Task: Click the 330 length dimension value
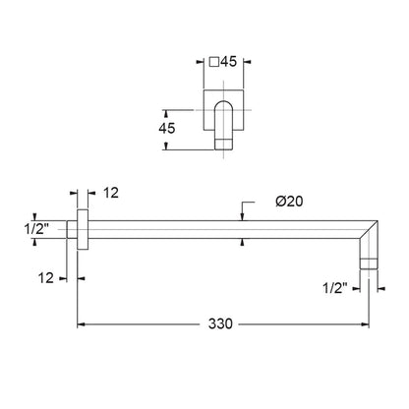pyautogui.click(x=220, y=323)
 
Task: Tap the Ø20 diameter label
pyautogui.click(x=289, y=202)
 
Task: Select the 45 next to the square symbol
pyautogui.click(x=228, y=61)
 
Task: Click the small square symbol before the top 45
pyautogui.click(x=214, y=62)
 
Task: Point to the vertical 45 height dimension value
pyautogui.click(x=167, y=128)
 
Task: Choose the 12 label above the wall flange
pyautogui.click(x=111, y=193)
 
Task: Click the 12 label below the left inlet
pyautogui.click(x=45, y=278)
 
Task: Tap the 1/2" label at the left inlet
pyautogui.click(x=36, y=228)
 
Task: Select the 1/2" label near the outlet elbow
pyautogui.click(x=334, y=288)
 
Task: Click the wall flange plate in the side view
pyautogui.click(x=83, y=229)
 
